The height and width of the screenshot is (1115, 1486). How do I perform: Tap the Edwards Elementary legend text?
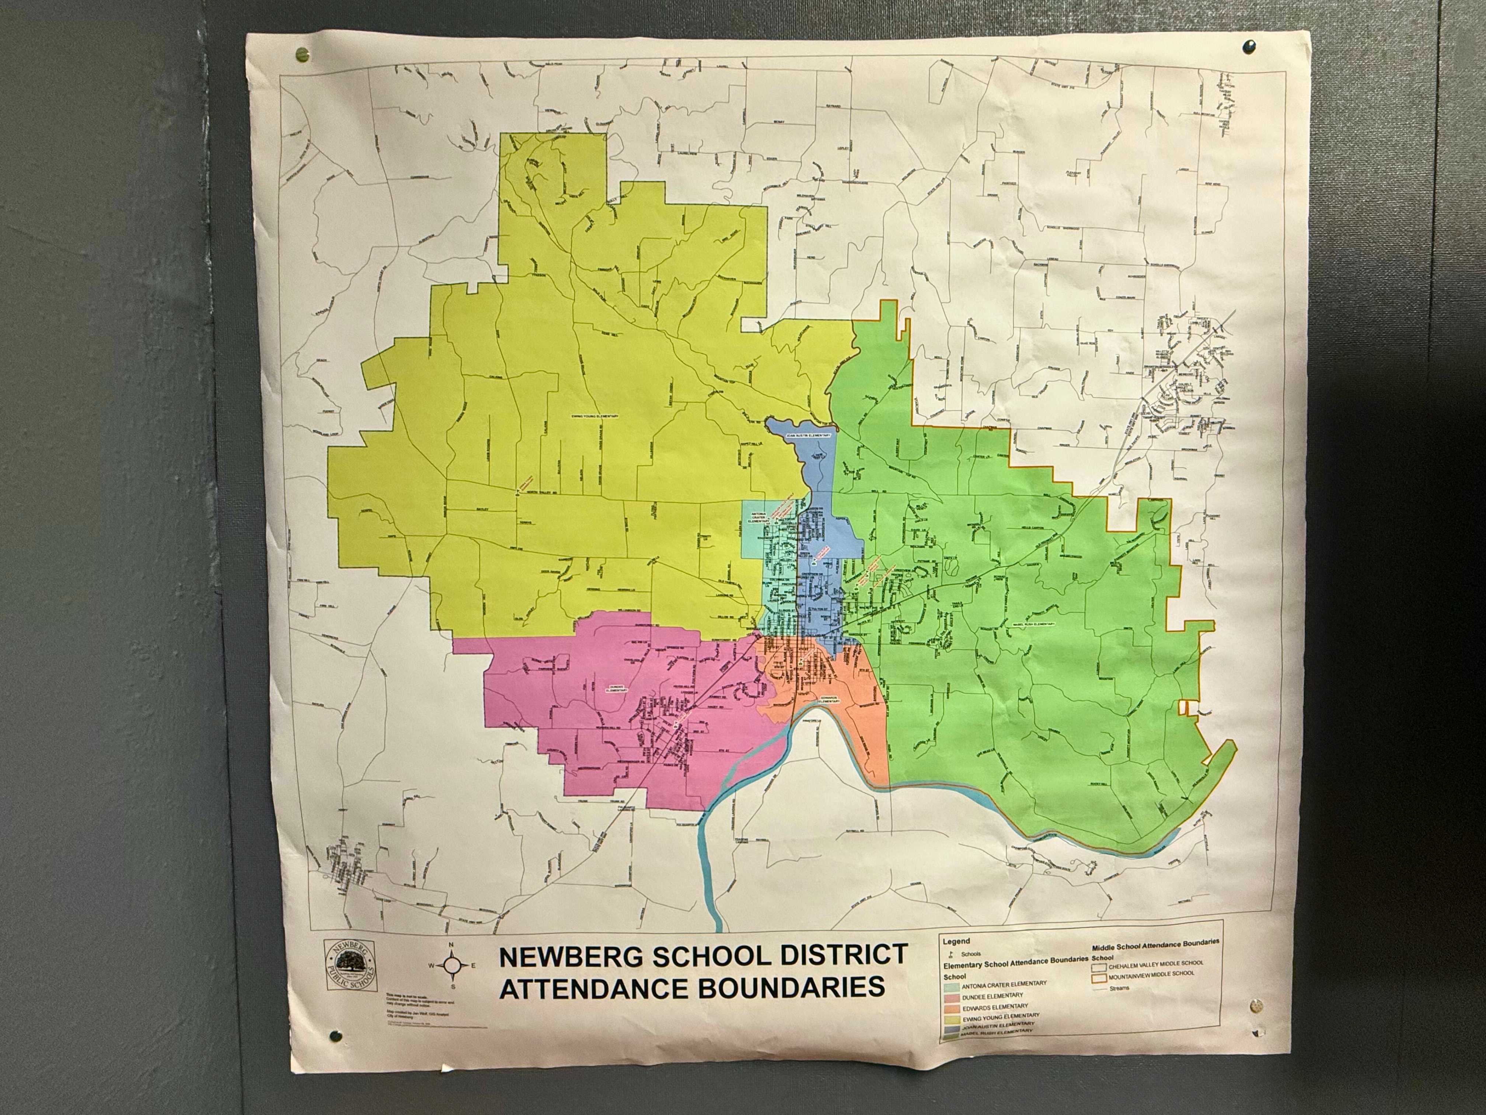[994, 1006]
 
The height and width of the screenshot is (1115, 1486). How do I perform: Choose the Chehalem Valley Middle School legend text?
[1155, 963]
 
